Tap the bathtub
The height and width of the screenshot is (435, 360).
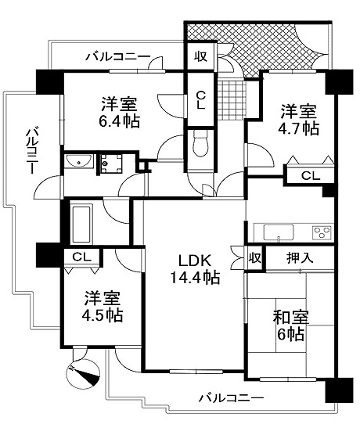pos(81,224)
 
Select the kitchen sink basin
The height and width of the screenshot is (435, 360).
pos(279,232)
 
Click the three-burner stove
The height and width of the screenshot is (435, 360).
pos(322,232)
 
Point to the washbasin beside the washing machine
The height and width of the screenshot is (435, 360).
pos(79,161)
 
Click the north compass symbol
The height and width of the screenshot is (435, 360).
pos(84,373)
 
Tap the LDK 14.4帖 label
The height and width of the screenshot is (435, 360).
pos(195,269)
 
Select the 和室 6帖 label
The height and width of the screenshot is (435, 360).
pos(290,325)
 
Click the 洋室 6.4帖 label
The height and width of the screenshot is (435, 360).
pos(120,113)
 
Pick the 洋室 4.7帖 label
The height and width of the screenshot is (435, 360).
pos(300,120)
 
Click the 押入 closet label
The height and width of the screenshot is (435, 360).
pos(300,258)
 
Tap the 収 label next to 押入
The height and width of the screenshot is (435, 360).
pos(255,258)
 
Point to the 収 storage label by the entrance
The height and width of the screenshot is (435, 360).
pos(200,56)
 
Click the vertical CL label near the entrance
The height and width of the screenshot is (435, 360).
pos(201,100)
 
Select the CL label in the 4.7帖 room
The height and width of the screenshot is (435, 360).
pos(311,175)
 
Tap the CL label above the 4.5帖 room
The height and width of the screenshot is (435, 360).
pos(82,257)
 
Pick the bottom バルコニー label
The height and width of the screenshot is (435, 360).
pos(231,398)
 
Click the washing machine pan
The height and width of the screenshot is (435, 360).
pos(111,164)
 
